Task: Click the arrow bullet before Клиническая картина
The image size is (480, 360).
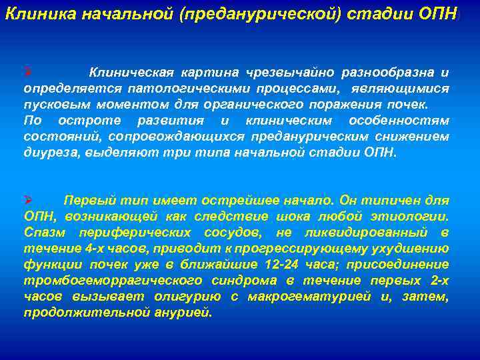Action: pyautogui.click(x=27, y=72)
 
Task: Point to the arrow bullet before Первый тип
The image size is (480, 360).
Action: pyautogui.click(x=27, y=200)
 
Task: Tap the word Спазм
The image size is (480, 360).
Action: pyautogui.click(x=43, y=232)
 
